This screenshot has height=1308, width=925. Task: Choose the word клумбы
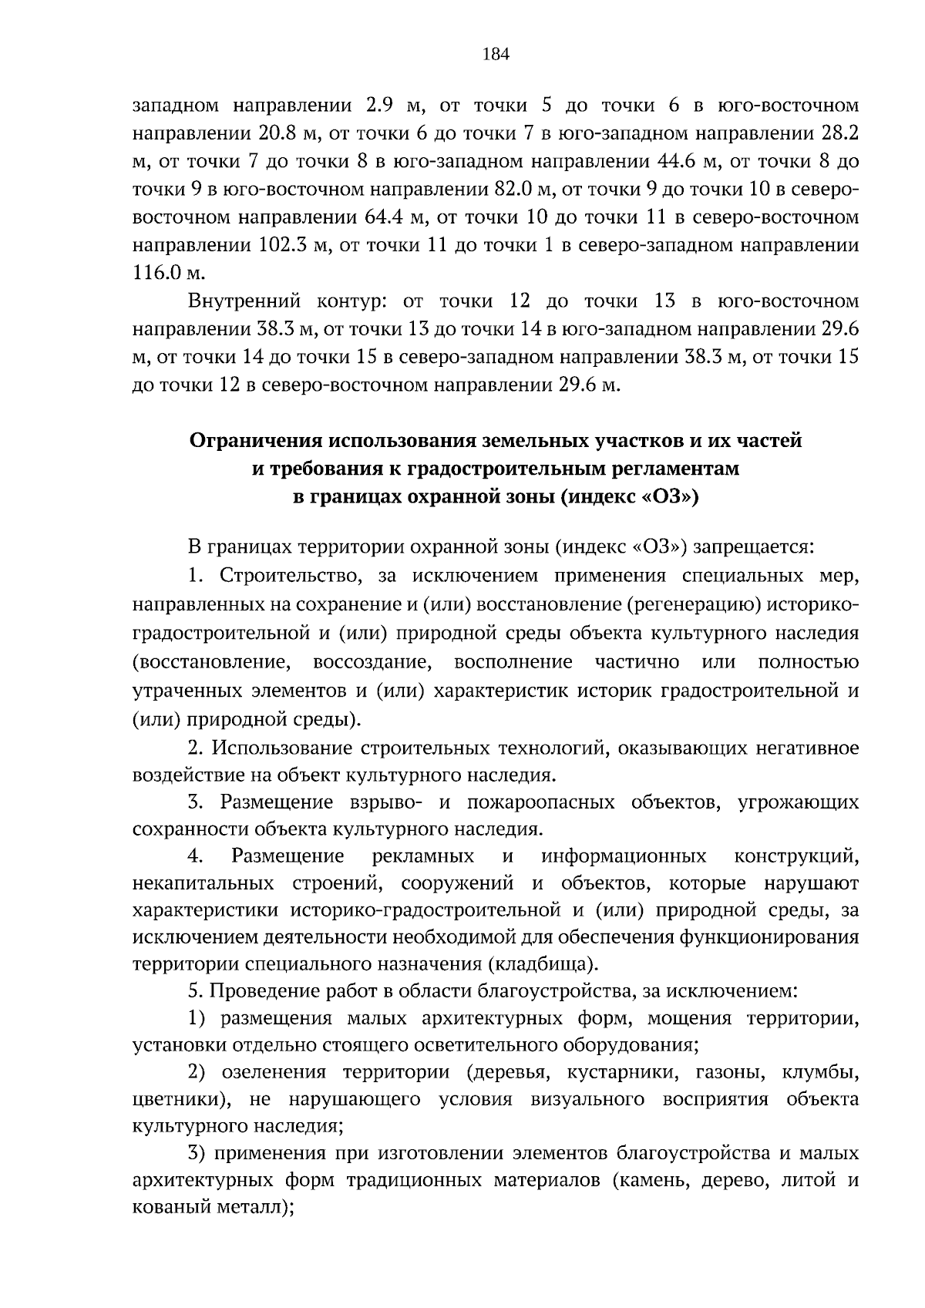821,1072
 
